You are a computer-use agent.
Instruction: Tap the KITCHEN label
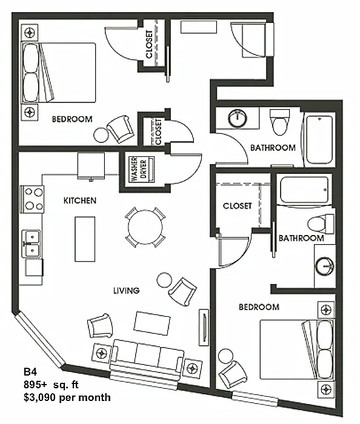pos(80,200)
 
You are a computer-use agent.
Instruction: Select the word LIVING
pos(126,291)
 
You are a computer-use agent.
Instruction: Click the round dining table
pos(145,227)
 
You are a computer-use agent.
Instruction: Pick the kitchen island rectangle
pos(85,239)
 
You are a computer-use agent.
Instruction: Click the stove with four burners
pos(32,199)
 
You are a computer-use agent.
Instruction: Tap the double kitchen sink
pos(32,244)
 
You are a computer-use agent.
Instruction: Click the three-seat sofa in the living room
pos(147,359)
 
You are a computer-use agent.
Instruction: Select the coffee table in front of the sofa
pos(152,323)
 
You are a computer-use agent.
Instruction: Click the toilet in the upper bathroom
pos(279,122)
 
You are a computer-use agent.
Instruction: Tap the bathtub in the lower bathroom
pos(304,190)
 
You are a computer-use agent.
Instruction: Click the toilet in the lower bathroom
pos(321,224)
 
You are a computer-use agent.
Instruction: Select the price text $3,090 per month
pos(67,397)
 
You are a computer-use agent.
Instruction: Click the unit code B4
pos(30,372)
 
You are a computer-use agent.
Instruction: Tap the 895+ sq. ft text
pos(51,385)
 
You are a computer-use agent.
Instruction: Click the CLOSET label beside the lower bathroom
pos(237,206)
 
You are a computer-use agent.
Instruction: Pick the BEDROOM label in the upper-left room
pos(72,119)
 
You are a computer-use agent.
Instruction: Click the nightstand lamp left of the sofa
pos(102,353)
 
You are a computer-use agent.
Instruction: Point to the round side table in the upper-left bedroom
pos(101,135)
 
